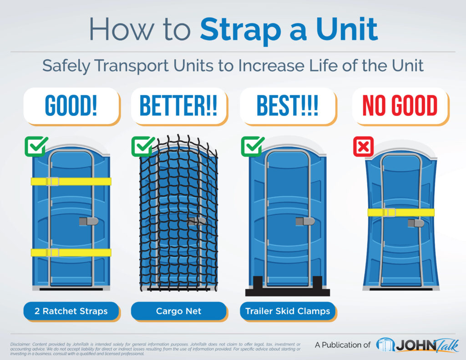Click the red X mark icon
coord(363,147)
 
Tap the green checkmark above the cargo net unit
coord(143,146)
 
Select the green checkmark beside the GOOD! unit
coord(36,146)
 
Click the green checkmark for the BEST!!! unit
coord(253,146)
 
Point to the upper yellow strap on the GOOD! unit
coord(71,181)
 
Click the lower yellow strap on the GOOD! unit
coord(71,253)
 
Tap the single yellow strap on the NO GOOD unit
coord(401,212)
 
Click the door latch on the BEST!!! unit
coord(305,221)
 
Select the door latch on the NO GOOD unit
coord(416,223)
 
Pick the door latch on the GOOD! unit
coord(89,221)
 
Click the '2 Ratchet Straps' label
coord(71,311)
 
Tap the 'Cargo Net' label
coord(178,311)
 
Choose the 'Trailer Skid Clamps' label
coord(288,311)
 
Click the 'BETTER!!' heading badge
coord(178,106)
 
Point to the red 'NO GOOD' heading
coord(400,106)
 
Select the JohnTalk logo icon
coord(385,345)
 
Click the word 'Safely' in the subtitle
coord(66,66)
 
